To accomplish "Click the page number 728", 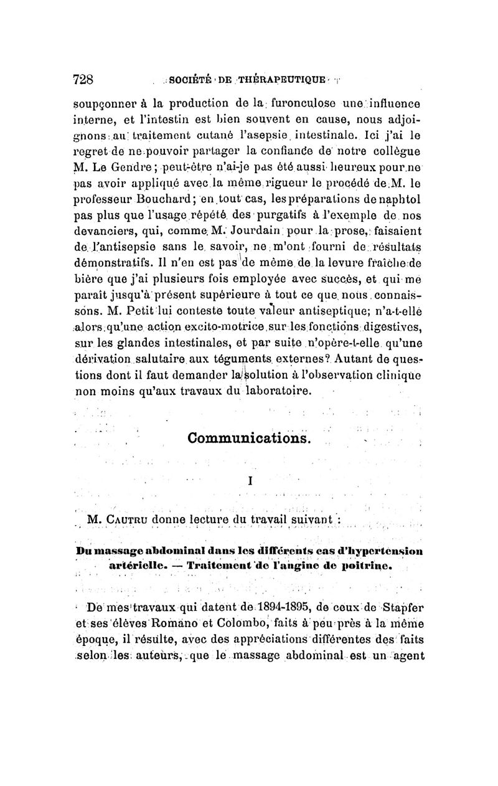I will pos(83,79).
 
